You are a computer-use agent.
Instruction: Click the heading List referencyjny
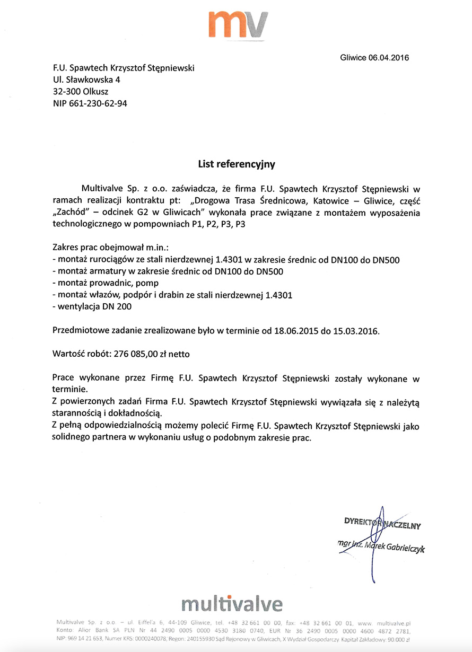coord(237,164)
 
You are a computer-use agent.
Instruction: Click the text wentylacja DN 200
coord(92,306)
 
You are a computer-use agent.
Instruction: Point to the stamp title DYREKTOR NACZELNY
coord(382,525)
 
